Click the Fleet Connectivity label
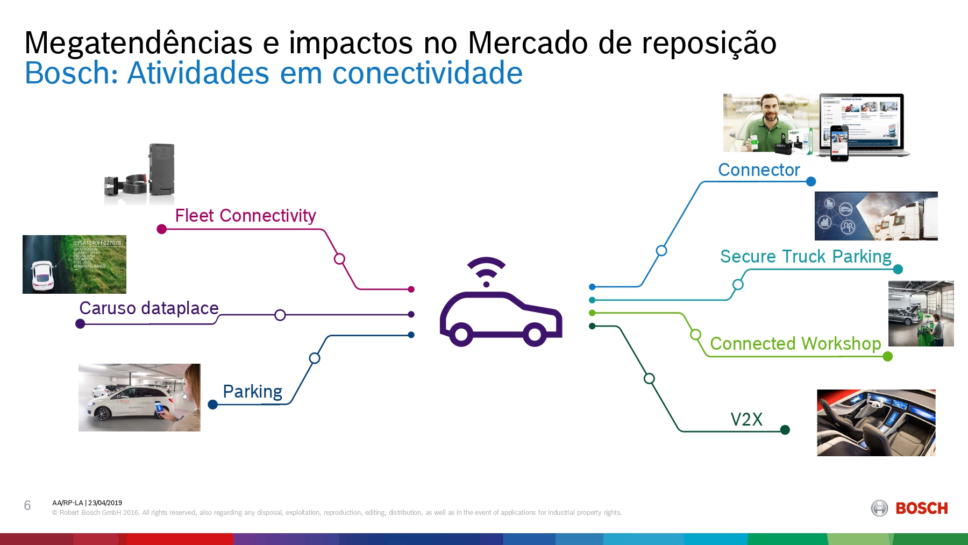tap(245, 216)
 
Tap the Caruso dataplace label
tap(148, 308)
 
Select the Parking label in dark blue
tap(252, 392)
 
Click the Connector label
tap(759, 170)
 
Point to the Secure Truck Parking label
tap(806, 257)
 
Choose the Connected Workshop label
tap(795, 344)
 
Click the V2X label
tap(746, 420)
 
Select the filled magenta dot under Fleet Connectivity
tap(161, 229)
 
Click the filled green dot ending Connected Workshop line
tap(887, 356)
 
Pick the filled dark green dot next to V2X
tap(785, 429)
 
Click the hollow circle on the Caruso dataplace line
tap(280, 315)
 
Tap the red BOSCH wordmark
tap(921, 508)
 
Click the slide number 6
tap(27, 505)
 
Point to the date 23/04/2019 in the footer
tap(105, 503)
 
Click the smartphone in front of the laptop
tap(839, 143)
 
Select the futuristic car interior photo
tap(876, 423)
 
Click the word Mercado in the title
tap(528, 43)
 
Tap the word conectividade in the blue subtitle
tap(427, 73)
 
